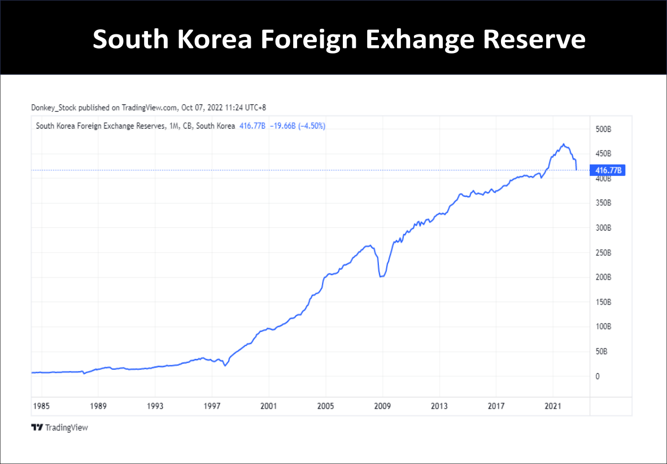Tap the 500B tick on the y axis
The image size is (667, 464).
click(604, 129)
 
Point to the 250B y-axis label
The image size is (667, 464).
click(604, 253)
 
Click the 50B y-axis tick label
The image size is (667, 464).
click(602, 351)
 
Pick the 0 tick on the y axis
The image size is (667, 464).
click(598, 376)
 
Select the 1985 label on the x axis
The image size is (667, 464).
click(41, 406)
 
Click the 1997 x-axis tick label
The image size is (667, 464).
click(212, 406)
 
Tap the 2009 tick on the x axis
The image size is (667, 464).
click(382, 406)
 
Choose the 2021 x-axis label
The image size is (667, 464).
click(552, 406)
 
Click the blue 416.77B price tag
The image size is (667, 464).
click(607, 170)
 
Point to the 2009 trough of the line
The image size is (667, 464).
click(381, 277)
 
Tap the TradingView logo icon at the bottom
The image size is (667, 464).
click(37, 427)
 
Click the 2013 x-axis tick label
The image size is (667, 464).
click(439, 406)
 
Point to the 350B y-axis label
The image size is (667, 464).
click(604, 203)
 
